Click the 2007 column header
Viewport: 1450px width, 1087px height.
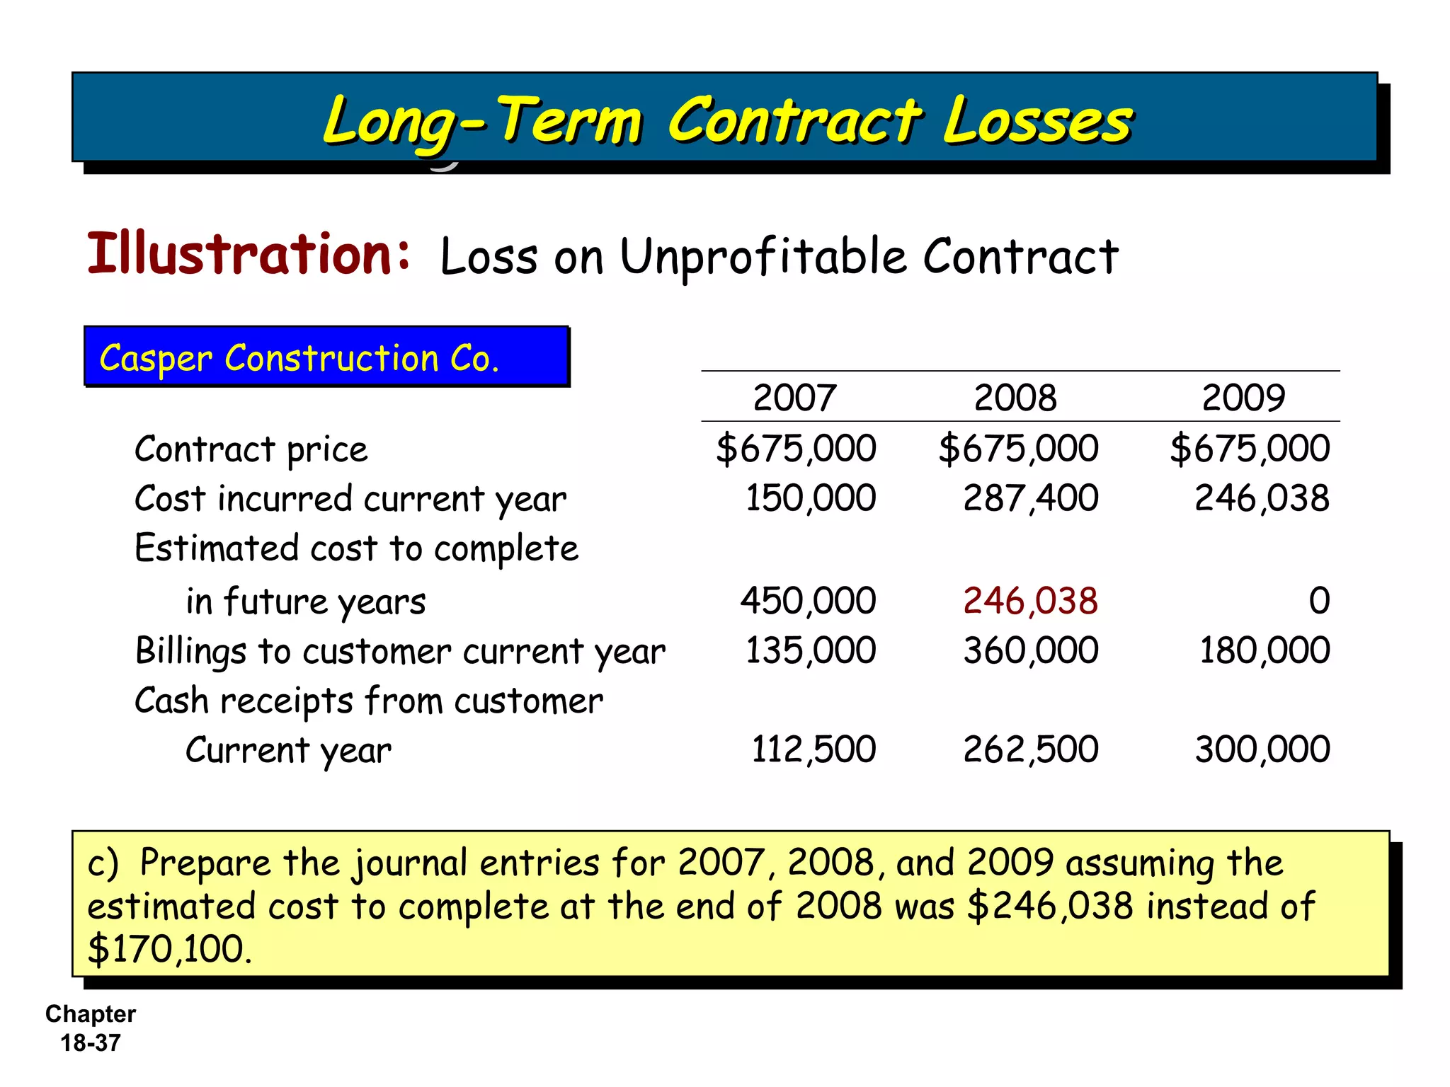[x=794, y=397]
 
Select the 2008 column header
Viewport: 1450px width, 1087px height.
[x=1015, y=397]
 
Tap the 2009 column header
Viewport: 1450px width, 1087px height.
[x=1243, y=397]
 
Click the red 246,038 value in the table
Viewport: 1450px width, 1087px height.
[x=1030, y=601]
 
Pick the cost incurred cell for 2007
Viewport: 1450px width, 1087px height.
[x=811, y=498]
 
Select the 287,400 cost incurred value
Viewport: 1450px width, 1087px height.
[x=1030, y=498]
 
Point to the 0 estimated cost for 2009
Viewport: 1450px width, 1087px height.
[x=1318, y=601]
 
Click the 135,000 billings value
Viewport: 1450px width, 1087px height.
[x=811, y=650]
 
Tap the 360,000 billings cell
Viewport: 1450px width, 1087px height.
[x=1030, y=650]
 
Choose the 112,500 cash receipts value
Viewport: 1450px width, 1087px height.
[x=813, y=749]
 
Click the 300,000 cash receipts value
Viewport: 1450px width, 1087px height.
[x=1262, y=749]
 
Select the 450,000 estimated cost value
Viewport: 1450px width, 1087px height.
[x=808, y=601]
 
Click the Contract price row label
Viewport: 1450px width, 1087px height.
[x=251, y=450]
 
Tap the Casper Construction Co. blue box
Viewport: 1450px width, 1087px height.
[x=326, y=357]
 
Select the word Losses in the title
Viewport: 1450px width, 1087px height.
[x=1037, y=121]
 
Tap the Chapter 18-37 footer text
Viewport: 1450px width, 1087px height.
[x=91, y=1028]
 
